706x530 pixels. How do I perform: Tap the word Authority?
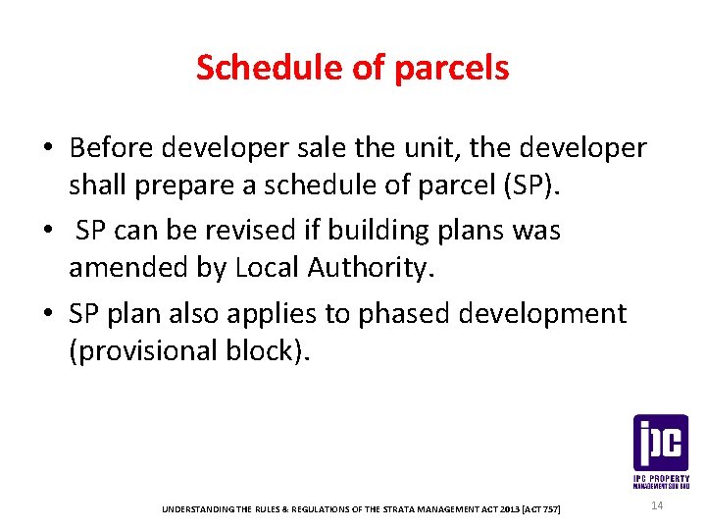tap(372, 268)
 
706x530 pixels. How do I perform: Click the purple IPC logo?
tap(660, 444)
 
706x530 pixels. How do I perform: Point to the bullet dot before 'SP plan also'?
tap(48, 315)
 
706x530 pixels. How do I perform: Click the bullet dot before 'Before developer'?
tap(48, 149)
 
